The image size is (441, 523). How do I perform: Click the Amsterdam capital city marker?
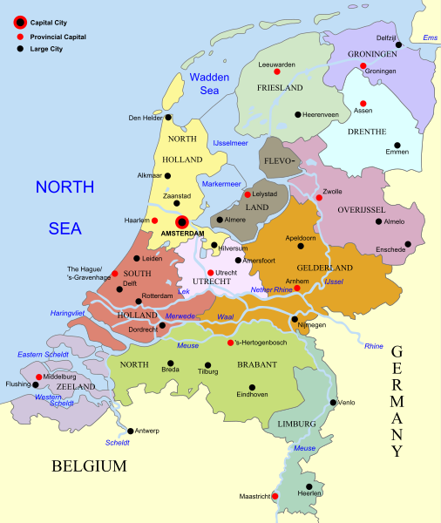(x=182, y=222)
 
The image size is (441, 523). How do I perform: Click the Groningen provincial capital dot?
(x=363, y=65)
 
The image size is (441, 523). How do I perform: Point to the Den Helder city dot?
(x=169, y=118)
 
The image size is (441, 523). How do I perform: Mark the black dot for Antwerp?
(x=131, y=431)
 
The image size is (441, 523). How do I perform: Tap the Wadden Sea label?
(x=209, y=83)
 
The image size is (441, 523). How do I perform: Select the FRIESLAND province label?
(x=279, y=88)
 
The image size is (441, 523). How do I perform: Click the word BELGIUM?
(x=89, y=466)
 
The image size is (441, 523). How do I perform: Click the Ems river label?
(x=430, y=37)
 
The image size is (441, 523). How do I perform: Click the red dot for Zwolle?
(x=319, y=198)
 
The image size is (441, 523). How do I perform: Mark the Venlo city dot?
(x=332, y=403)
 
